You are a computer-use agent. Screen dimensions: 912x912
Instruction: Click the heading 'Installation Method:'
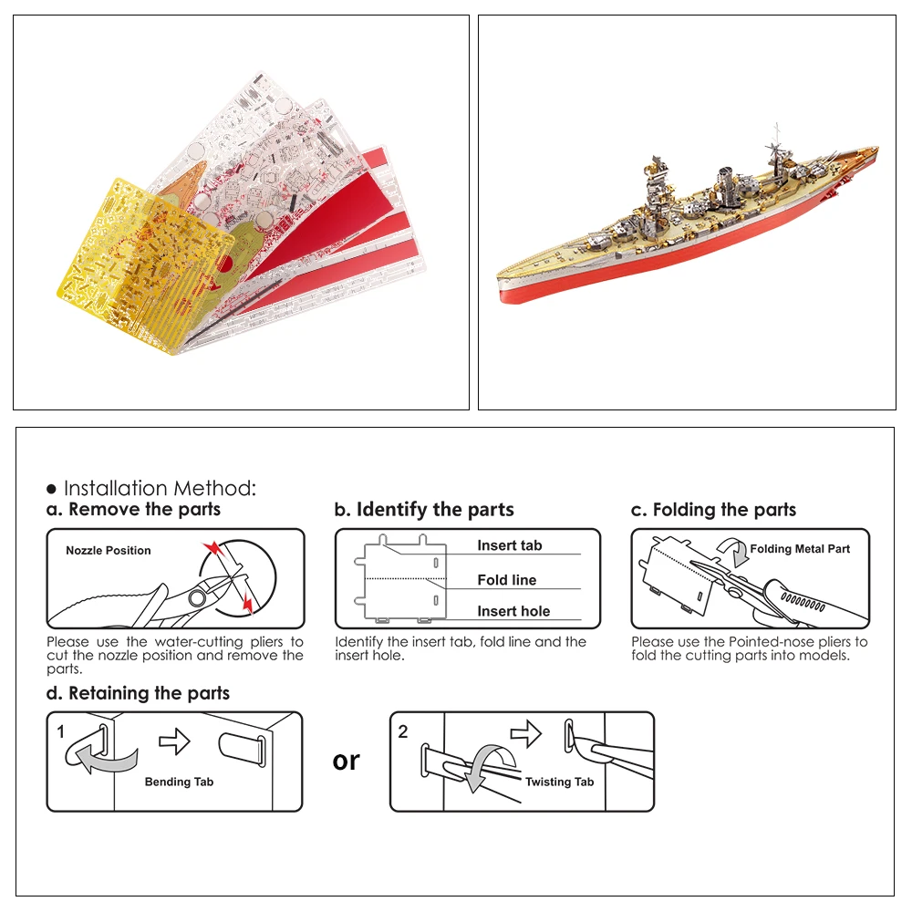(160, 489)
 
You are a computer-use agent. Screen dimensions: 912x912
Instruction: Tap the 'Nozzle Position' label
(109, 551)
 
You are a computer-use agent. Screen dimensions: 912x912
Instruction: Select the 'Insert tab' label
(509, 545)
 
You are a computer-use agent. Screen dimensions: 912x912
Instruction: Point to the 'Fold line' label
(507, 580)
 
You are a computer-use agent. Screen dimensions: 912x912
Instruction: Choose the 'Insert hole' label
(513, 612)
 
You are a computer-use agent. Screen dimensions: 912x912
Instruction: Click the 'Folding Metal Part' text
(800, 549)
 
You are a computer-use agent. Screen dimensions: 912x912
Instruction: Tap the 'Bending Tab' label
(179, 782)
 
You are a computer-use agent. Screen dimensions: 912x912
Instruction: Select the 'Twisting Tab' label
(559, 782)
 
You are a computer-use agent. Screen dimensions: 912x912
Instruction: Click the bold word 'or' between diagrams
(347, 761)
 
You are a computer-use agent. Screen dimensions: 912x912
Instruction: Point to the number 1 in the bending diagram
(61, 731)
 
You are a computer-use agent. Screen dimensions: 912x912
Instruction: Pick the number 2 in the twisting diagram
(403, 731)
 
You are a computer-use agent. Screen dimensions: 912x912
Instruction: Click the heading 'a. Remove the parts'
(133, 510)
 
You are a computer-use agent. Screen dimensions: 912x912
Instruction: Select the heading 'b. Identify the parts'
(424, 510)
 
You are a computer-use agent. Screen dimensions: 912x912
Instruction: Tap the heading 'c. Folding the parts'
(713, 510)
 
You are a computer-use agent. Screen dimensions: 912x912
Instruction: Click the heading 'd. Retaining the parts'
(138, 694)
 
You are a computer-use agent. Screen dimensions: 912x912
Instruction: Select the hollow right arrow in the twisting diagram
(525, 731)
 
